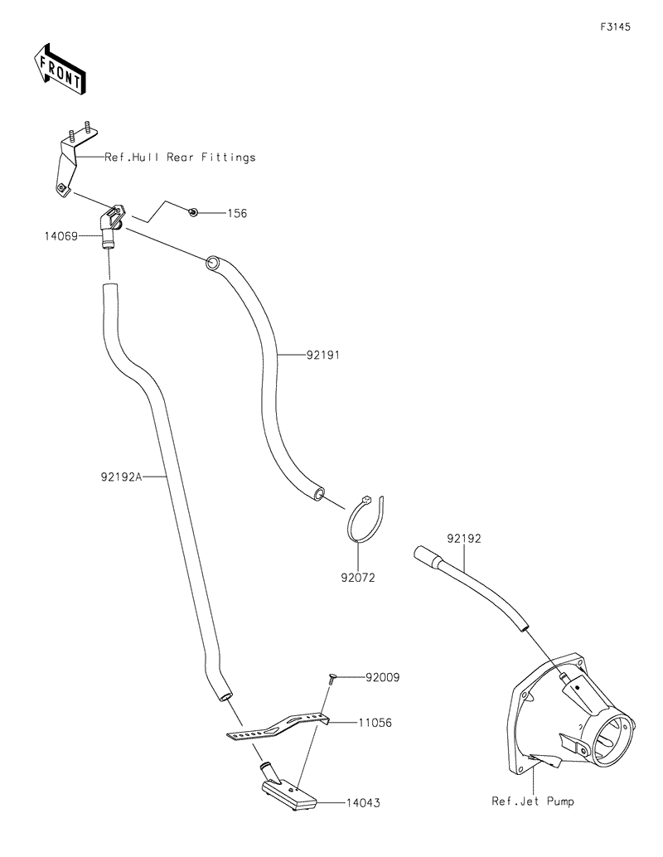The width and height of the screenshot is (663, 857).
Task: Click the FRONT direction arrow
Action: tap(58, 67)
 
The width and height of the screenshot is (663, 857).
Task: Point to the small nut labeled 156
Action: tap(192, 213)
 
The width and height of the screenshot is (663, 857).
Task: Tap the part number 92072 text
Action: tap(357, 578)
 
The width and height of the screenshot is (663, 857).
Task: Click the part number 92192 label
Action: tap(464, 538)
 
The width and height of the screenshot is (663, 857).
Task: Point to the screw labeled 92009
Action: tap(331, 679)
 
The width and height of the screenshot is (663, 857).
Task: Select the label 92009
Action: tap(382, 677)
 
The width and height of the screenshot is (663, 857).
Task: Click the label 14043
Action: tap(365, 802)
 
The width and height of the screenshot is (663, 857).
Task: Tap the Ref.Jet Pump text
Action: tap(532, 801)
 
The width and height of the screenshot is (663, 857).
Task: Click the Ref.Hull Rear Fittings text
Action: tap(180, 157)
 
